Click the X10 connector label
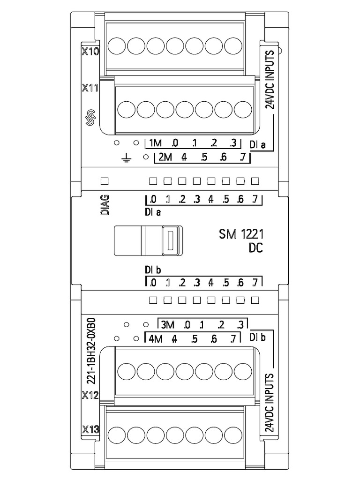[x=90, y=52]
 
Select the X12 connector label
[x=90, y=395]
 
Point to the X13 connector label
[x=90, y=429]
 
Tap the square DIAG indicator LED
[x=105, y=180]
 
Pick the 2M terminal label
[x=165, y=157]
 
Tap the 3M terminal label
[x=167, y=324]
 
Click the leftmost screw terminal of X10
[x=117, y=46]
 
